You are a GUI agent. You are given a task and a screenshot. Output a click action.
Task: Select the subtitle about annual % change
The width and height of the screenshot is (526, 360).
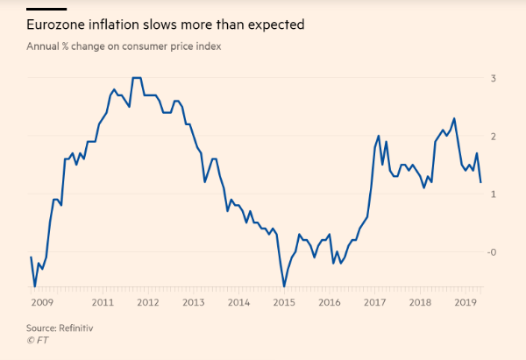123,46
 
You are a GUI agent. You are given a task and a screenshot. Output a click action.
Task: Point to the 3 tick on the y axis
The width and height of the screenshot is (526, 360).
494,78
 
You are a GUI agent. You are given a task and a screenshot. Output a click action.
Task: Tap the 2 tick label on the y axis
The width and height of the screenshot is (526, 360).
494,136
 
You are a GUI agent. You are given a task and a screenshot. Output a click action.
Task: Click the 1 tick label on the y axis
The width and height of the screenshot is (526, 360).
494,194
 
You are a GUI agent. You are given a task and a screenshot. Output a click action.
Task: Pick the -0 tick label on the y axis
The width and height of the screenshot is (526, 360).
492,251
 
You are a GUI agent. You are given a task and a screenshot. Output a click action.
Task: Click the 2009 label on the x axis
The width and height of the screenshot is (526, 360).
39,302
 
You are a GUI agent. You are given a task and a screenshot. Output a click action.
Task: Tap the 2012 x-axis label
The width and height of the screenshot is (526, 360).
147,302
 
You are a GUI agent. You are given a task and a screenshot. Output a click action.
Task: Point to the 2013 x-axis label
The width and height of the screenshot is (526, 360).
193,302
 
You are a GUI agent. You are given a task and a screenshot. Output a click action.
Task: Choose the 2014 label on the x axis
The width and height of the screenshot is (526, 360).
238,302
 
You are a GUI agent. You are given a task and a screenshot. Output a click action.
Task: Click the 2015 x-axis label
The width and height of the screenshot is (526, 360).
284,302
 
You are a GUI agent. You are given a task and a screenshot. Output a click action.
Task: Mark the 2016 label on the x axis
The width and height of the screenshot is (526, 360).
330,302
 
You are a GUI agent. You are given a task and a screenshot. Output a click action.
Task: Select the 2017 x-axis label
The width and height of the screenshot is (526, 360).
375,302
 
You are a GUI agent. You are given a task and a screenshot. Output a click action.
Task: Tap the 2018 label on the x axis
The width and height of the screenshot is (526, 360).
421,302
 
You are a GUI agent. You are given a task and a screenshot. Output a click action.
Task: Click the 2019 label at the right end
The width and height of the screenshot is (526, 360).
466,302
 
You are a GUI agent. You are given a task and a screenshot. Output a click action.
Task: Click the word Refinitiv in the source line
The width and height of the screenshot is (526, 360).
76,327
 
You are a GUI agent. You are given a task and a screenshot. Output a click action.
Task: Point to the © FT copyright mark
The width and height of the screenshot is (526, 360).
36,339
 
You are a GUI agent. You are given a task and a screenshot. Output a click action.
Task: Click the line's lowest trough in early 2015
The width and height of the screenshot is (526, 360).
284,286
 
